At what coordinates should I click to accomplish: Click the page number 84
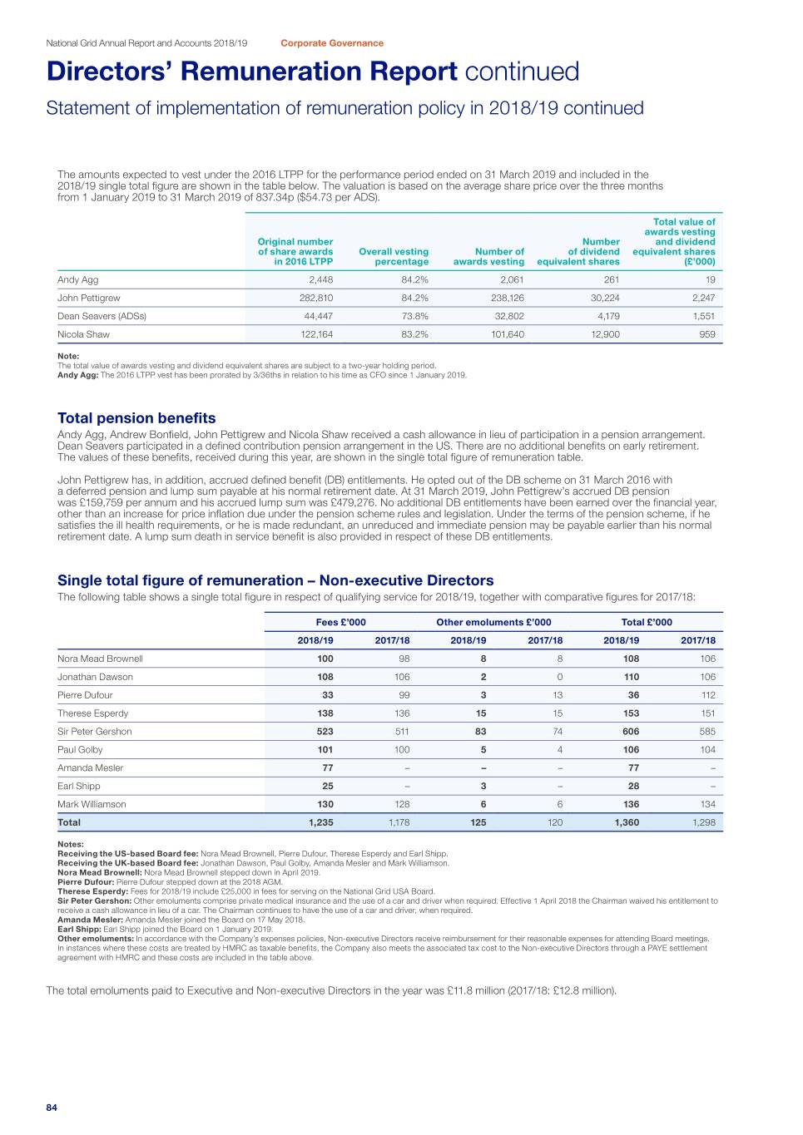tap(52, 1108)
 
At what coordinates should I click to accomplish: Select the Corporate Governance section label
tap(332, 43)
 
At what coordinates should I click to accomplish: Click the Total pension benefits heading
tap(136, 418)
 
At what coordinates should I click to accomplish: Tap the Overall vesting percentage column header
tap(394, 256)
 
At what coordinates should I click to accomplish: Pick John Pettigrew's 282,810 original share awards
tap(315, 298)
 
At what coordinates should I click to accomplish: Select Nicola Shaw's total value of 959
tap(706, 334)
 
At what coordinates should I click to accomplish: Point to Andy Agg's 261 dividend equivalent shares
tap(611, 279)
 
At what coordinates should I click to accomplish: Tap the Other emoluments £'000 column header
tap(493, 622)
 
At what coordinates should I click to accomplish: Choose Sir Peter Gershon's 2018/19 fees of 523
tap(325, 732)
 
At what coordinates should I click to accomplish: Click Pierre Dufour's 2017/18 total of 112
tap(707, 695)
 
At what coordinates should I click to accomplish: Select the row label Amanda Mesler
tap(90, 768)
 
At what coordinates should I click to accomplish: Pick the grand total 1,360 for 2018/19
tap(627, 822)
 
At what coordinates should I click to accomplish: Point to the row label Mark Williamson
tap(92, 804)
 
